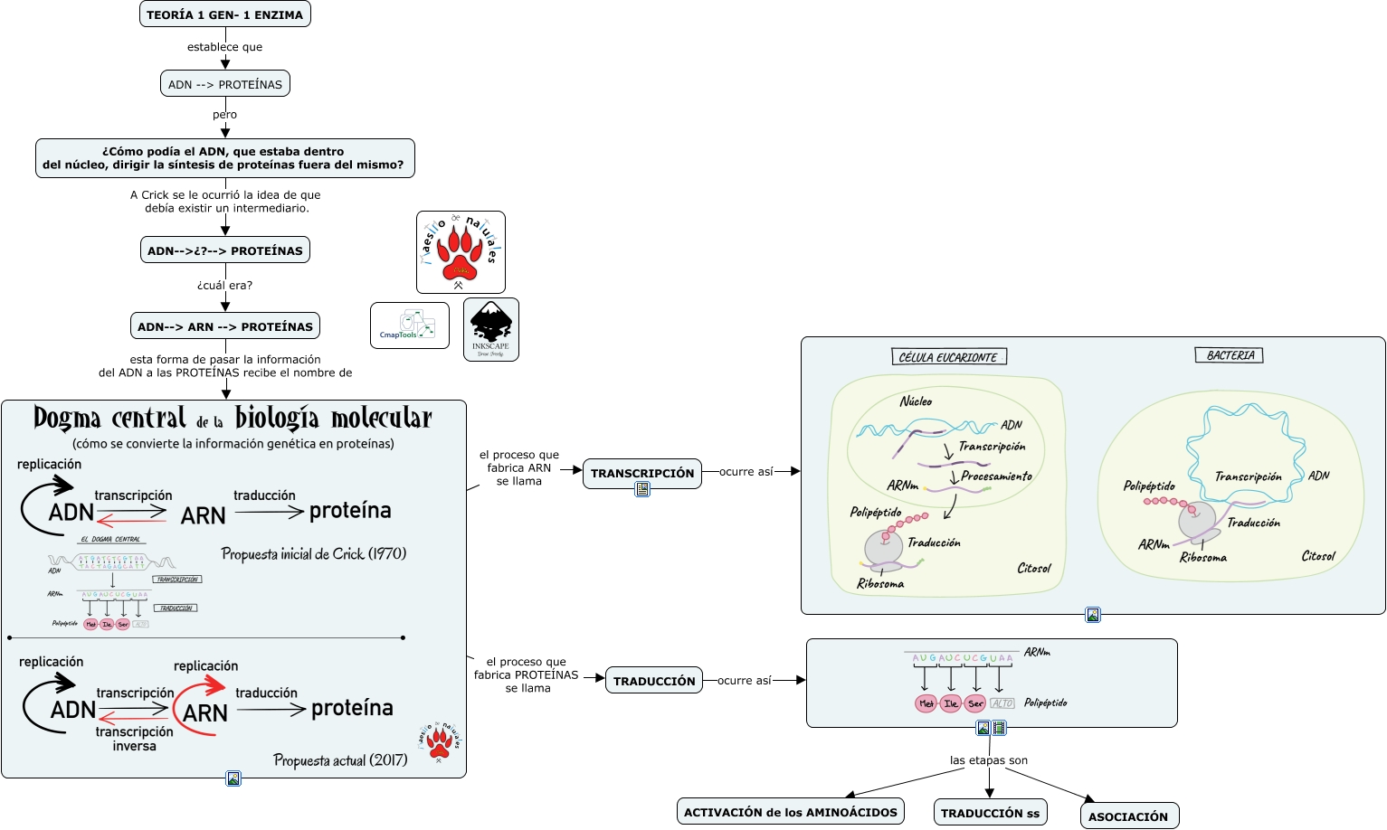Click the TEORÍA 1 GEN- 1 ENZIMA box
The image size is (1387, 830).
pyautogui.click(x=225, y=14)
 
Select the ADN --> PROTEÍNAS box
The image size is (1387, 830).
pyautogui.click(x=225, y=84)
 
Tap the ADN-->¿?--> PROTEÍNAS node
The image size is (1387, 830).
pyautogui.click(x=225, y=250)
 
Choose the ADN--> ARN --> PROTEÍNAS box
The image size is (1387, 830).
pyautogui.click(x=225, y=326)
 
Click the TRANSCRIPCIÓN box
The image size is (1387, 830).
pyautogui.click(x=642, y=473)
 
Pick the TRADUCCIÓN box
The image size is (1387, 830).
pyautogui.click(x=654, y=681)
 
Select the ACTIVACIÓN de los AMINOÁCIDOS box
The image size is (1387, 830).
pyautogui.click(x=791, y=812)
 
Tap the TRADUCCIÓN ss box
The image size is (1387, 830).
pyautogui.click(x=990, y=813)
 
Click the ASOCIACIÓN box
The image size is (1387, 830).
pyautogui.click(x=1128, y=816)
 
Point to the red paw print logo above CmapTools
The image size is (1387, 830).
pyautogui.click(x=461, y=252)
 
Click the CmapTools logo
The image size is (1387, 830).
pyautogui.click(x=409, y=325)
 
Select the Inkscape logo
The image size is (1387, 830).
pyautogui.click(x=491, y=329)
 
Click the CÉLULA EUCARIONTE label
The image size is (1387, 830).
pyautogui.click(x=947, y=357)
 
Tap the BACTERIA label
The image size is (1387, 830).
pyautogui.click(x=1230, y=355)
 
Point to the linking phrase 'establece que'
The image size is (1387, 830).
pyautogui.click(x=225, y=47)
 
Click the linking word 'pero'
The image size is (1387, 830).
pyautogui.click(x=225, y=115)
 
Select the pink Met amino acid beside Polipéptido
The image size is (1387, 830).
pyautogui.click(x=926, y=703)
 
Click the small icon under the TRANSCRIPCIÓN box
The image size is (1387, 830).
pyautogui.click(x=642, y=489)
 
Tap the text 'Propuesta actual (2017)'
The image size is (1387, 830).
pyautogui.click(x=340, y=760)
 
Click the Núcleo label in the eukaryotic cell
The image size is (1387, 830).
pyautogui.click(x=916, y=401)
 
